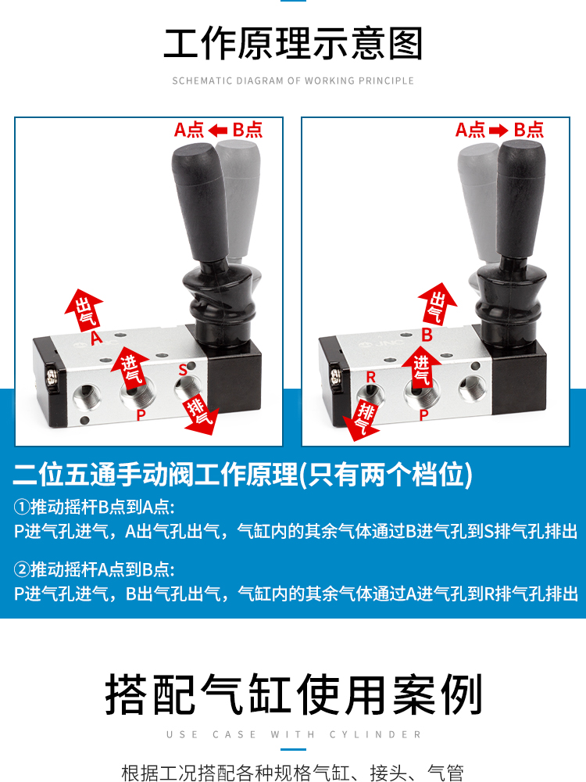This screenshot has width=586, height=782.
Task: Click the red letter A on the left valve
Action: click(x=96, y=338)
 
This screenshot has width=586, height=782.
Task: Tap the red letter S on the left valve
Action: click(x=183, y=370)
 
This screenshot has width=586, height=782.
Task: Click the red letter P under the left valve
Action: click(x=141, y=414)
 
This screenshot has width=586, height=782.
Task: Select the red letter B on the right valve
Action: click(x=427, y=334)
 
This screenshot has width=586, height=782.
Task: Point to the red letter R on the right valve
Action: click(x=370, y=377)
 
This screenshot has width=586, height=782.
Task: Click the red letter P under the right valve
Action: click(x=423, y=414)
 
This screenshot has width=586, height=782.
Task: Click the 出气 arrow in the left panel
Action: click(x=84, y=310)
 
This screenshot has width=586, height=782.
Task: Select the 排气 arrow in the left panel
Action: click(x=201, y=413)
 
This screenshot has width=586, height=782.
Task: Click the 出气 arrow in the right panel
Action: click(x=437, y=303)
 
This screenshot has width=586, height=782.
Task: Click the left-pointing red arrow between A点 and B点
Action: click(x=218, y=131)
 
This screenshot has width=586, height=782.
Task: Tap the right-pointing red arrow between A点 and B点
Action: click(x=498, y=131)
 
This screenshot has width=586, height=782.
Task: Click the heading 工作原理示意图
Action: click(x=293, y=44)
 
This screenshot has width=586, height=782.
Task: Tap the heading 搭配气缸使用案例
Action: click(x=293, y=694)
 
